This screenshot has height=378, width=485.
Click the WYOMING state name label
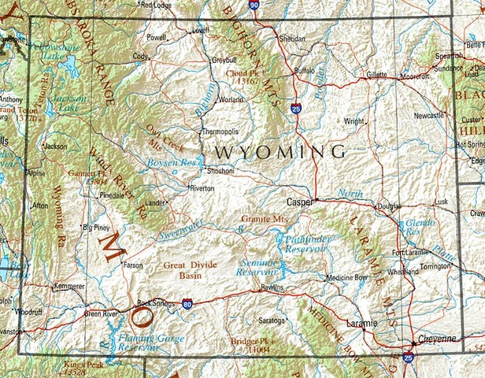click(280, 150)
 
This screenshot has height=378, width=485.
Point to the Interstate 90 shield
click(253, 5)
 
